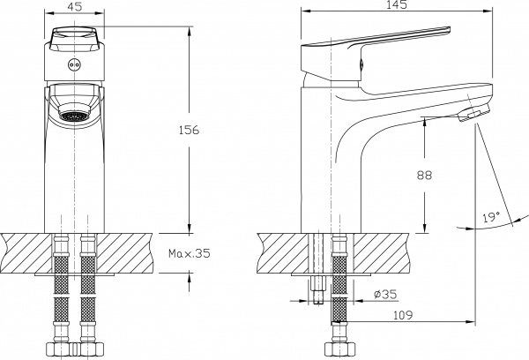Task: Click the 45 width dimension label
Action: pyautogui.click(x=76, y=6)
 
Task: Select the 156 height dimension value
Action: pyautogui.click(x=189, y=130)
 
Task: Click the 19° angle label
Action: pyautogui.click(x=492, y=215)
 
